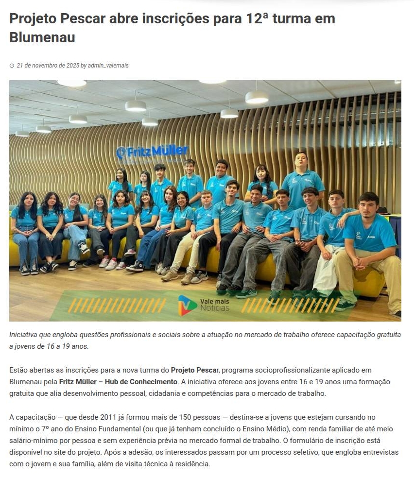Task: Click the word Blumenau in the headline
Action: (42, 37)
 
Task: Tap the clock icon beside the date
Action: (12, 66)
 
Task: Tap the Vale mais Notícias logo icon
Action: (188, 305)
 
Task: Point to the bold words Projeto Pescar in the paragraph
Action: (194, 370)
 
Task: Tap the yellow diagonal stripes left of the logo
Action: (117, 305)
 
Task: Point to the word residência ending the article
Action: (193, 464)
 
